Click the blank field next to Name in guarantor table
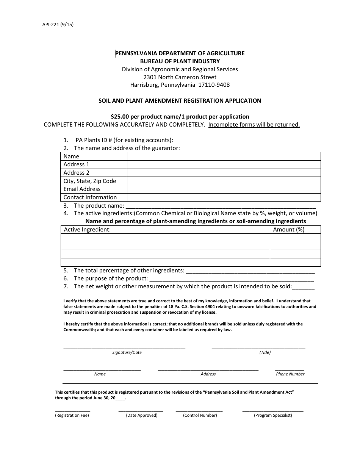pos(224,156)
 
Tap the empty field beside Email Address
pos(224,189)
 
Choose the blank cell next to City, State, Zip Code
pos(224,181)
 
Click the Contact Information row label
pos(90,197)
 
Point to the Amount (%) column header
pos(289,230)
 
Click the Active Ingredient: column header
pos(87,230)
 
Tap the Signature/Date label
pos(127,352)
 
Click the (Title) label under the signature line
pos(265,352)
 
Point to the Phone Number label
pos(290,374)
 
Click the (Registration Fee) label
pos(72,415)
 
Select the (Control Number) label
pos(200,415)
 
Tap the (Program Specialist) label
pos(273,415)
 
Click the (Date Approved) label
pos(142,415)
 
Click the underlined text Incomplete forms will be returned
pos(254,125)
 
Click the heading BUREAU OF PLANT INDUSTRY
pos(180,61)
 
